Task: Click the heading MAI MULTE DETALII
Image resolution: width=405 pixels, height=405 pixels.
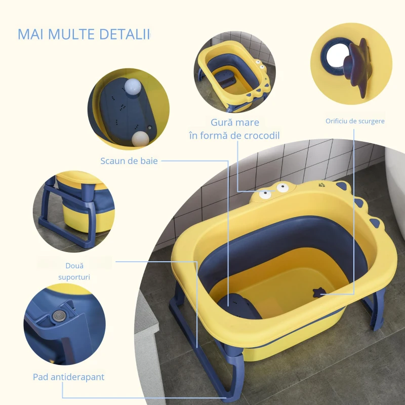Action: coord(84,34)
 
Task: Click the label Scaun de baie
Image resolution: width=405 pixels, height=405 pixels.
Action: coord(129,161)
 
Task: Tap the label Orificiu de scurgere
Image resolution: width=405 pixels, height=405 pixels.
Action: coord(355,121)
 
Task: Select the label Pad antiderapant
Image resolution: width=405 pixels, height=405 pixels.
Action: coord(68,377)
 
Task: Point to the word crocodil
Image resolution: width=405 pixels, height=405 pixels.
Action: coord(259,135)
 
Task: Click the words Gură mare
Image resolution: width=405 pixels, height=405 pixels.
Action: coord(235,123)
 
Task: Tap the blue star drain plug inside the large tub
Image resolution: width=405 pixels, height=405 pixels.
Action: coord(318,292)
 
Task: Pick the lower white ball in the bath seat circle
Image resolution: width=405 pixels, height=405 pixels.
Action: coord(140,138)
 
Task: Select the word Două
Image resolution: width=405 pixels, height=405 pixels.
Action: coord(74,265)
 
